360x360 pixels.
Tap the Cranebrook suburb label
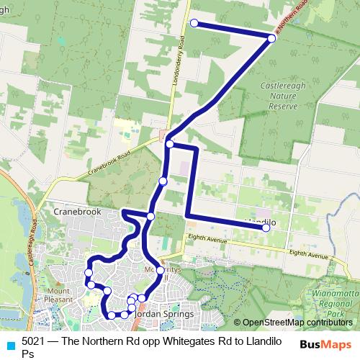(x=75, y=212)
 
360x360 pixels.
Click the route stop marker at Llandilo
(x=266, y=228)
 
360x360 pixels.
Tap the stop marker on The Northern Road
(x=271, y=38)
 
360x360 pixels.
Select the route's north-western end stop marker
(x=194, y=24)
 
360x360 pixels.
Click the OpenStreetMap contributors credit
(x=297, y=323)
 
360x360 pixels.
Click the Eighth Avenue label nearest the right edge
(x=311, y=253)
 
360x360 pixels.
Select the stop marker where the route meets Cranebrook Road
(x=169, y=144)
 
